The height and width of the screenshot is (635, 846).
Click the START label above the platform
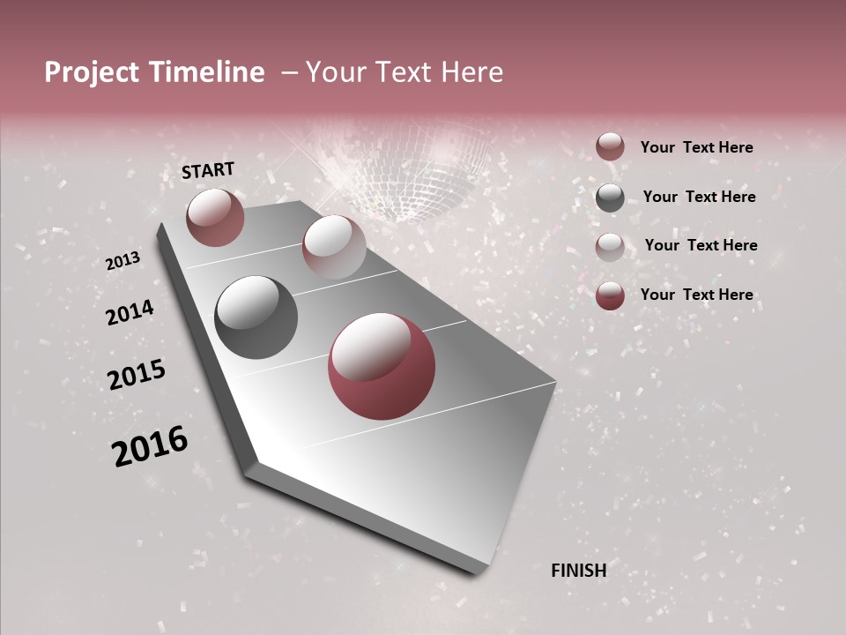tap(208, 170)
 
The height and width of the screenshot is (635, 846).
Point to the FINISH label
tap(578, 571)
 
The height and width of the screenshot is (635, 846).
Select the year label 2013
tap(122, 261)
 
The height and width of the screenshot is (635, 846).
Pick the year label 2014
tap(130, 312)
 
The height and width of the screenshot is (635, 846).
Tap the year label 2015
tap(137, 375)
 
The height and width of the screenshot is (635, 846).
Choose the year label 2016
tap(150, 445)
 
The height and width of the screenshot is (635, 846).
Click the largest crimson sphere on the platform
tap(382, 366)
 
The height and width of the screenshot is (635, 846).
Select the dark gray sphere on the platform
tap(256, 317)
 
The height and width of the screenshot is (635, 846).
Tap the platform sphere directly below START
tap(215, 217)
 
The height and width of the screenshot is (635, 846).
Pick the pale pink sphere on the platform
tap(334, 247)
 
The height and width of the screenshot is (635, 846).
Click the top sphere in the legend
tap(610, 146)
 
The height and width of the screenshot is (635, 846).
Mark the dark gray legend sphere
tap(610, 198)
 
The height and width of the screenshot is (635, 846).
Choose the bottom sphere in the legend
tap(610, 295)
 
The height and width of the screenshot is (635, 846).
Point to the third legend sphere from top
tap(610, 247)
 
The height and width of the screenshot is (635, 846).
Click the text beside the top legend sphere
tap(696, 147)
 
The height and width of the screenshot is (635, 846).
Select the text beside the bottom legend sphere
tap(696, 295)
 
